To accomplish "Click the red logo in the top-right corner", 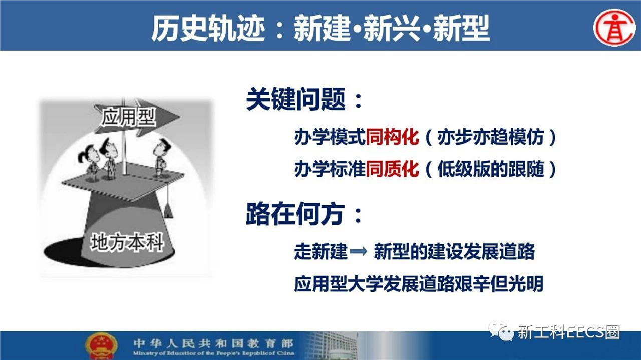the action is (614, 27).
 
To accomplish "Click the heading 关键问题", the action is (295, 99).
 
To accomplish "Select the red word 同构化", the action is (392, 137).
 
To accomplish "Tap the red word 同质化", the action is (392, 169).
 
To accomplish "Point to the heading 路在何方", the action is (295, 214).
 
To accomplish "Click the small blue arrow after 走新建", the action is (358, 251).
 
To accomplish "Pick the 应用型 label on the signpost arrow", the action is (128, 117).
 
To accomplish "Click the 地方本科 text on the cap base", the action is (127, 242).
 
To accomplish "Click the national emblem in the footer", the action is (101, 345).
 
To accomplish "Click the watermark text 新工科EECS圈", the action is (568, 332).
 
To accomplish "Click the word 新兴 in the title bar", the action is (392, 28).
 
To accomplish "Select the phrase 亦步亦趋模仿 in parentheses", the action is (490, 137).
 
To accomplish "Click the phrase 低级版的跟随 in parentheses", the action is (490, 169).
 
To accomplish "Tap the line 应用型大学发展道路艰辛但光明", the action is (419, 283).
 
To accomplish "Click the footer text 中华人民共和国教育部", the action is (213, 343).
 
